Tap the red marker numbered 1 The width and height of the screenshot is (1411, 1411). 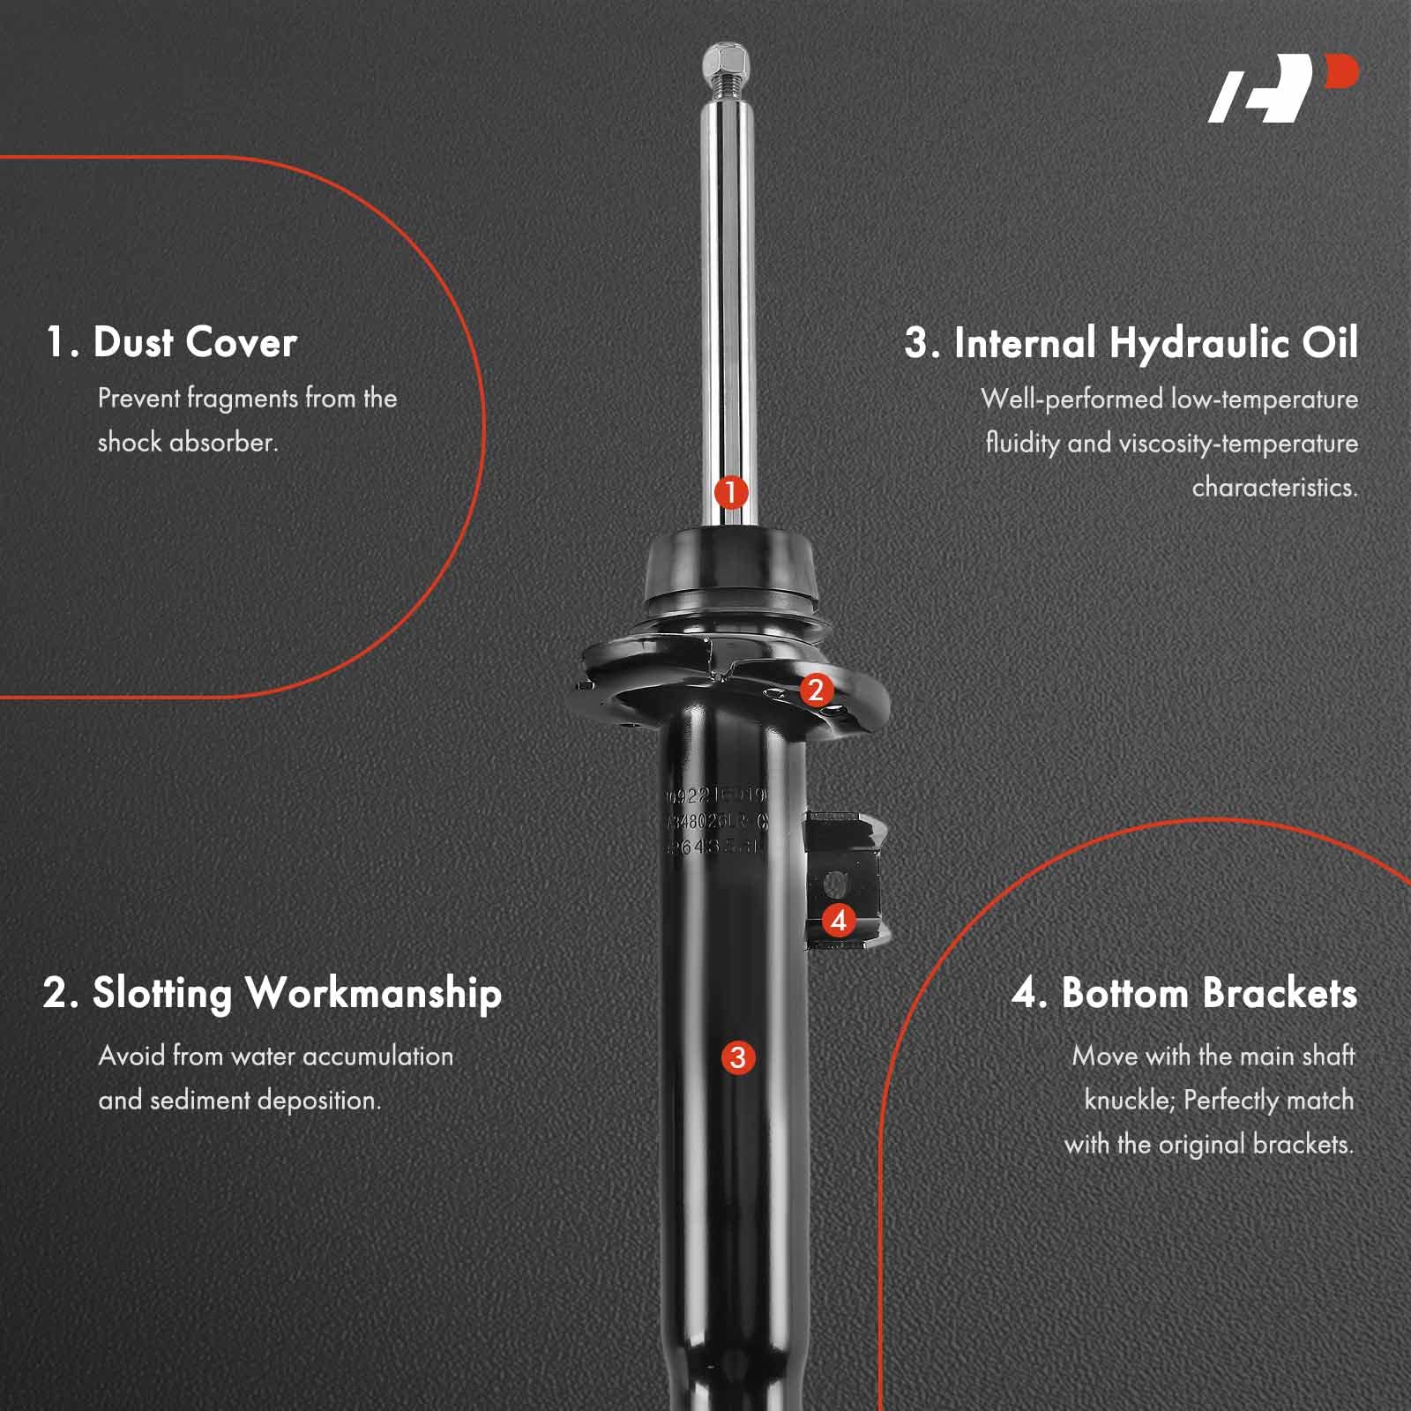[731, 492]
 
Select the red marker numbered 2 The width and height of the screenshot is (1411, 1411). [815, 690]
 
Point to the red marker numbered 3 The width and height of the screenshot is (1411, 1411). [738, 1057]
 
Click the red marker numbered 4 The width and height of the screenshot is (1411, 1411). [839, 921]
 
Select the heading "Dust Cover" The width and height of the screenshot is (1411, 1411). [194, 342]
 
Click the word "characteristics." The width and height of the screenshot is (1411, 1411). [1274, 487]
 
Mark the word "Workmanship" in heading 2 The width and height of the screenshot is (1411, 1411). [373, 994]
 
